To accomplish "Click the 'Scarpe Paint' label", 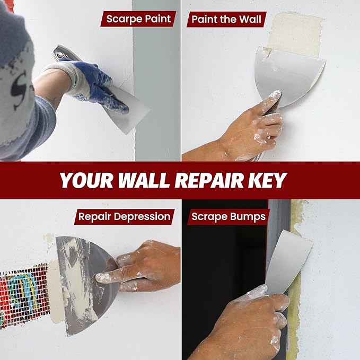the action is [x=138, y=19].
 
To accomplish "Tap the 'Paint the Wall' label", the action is [x=226, y=19].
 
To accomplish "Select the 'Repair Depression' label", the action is [x=124, y=216].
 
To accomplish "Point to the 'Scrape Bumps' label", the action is [x=229, y=216].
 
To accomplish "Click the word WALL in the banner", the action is [x=144, y=180].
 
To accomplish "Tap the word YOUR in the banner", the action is [x=86, y=180].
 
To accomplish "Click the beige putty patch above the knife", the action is [x=294, y=34].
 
